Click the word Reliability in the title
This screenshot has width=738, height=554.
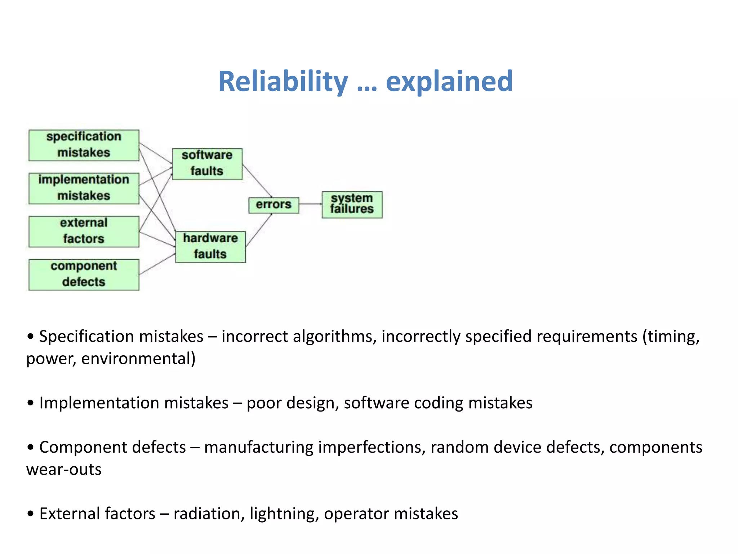pyautogui.click(x=283, y=82)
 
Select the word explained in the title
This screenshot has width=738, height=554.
pyautogui.click(x=449, y=82)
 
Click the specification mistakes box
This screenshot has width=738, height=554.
pyautogui.click(x=84, y=145)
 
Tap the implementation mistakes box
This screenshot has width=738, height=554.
pyautogui.click(x=84, y=188)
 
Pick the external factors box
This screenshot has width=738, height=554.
pyautogui.click(x=84, y=231)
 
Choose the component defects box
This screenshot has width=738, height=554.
pyautogui.click(x=84, y=274)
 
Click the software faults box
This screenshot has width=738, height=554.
pyautogui.click(x=207, y=163)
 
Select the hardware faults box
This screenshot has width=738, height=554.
pyautogui.click(x=210, y=247)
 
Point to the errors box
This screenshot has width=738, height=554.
pyautogui.click(x=274, y=205)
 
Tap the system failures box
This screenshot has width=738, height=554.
pyautogui.click(x=352, y=205)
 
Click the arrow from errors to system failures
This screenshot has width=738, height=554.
pyautogui.click(x=310, y=204)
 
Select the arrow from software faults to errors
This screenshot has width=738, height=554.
pyautogui.click(x=257, y=181)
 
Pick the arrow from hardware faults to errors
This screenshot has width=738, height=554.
pyautogui.click(x=259, y=230)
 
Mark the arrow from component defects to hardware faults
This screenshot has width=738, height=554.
pyautogui.click(x=157, y=264)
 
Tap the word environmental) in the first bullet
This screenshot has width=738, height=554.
pyautogui.click(x=138, y=359)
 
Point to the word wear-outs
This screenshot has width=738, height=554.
pyautogui.click(x=64, y=470)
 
